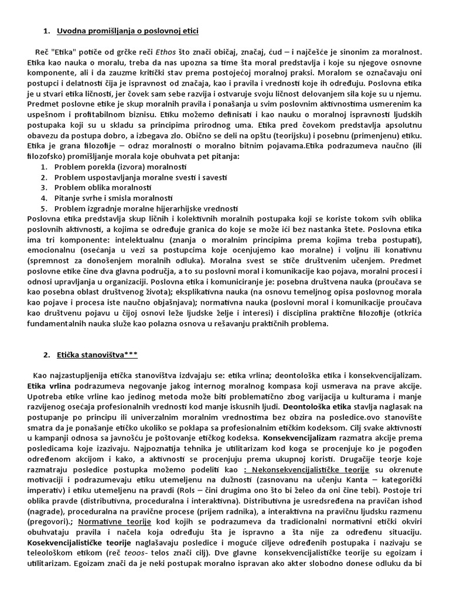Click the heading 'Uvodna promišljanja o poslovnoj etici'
[131, 30]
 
